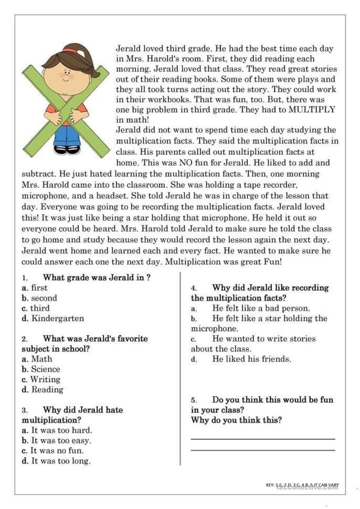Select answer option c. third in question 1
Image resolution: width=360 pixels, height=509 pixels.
tap(36, 308)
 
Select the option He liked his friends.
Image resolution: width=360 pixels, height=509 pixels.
tap(251, 359)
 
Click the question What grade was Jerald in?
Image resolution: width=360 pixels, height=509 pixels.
tap(97, 278)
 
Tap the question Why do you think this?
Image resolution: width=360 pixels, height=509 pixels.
tap(236, 420)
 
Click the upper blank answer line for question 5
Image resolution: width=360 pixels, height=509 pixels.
tap(262, 439)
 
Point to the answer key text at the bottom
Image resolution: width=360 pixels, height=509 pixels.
tap(301, 485)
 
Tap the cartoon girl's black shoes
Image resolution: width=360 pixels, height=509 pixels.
tap(67, 150)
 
